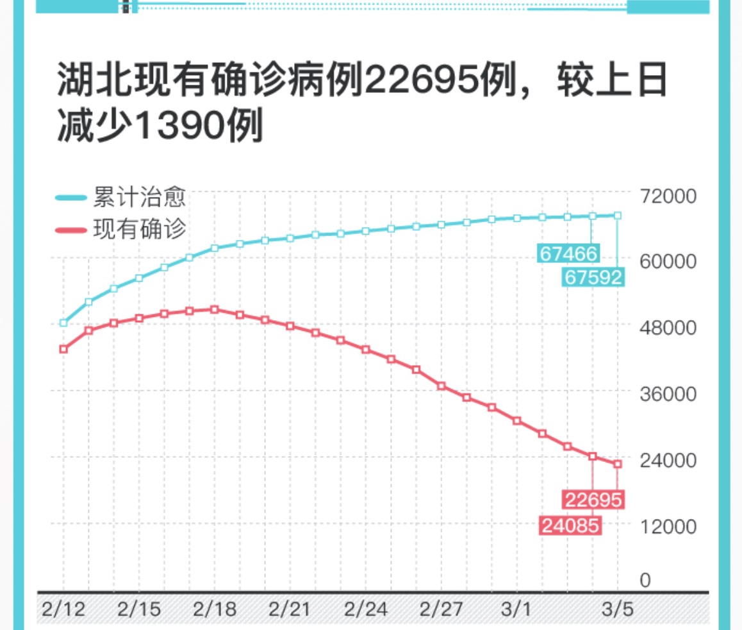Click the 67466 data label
point(568,253)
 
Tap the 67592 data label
point(592,277)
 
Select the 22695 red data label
point(593,499)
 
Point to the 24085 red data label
point(570,526)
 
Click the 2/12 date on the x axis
point(63,609)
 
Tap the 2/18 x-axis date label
point(215,609)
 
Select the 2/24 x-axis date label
point(366,609)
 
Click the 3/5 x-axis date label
point(618,609)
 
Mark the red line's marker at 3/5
point(618,464)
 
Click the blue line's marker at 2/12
point(63,323)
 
